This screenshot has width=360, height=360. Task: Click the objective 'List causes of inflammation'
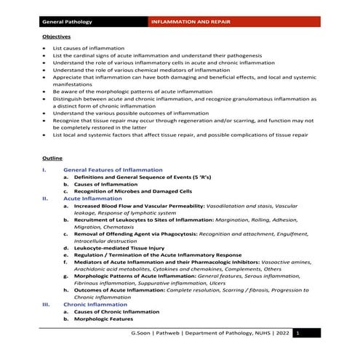(85, 48)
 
